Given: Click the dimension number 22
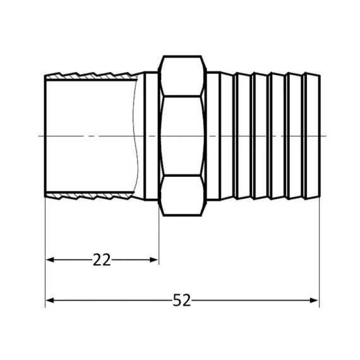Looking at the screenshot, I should pyautogui.click(x=102, y=260).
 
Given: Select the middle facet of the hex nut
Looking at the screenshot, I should pyautogui.click(x=182, y=136).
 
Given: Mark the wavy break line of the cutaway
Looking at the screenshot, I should pyautogui.click(x=135, y=136).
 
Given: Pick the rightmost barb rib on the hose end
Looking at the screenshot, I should pyautogui.click(x=313, y=136).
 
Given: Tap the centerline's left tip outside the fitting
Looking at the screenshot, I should pyautogui.click(x=40, y=136).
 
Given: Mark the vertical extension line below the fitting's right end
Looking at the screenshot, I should pyautogui.click(x=320, y=253).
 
